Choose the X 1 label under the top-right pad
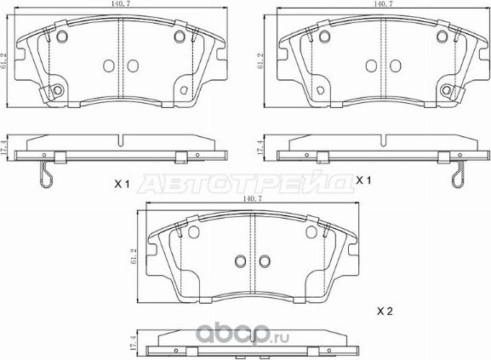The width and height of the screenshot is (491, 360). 365,180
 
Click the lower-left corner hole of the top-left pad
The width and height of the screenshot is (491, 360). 58,92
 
